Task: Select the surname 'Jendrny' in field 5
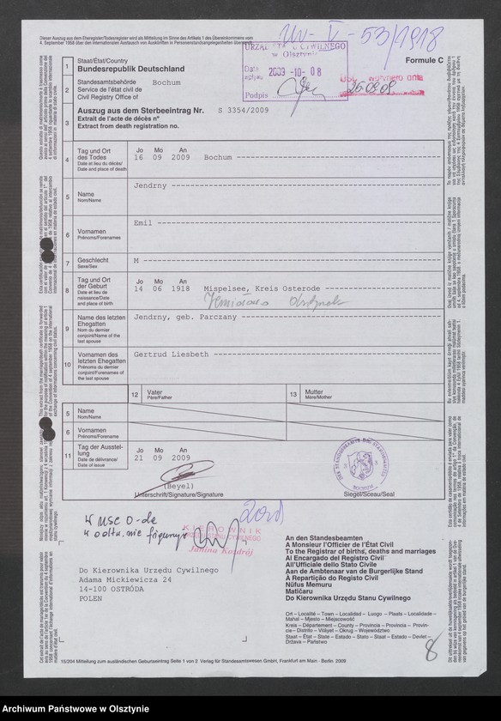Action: pos(151,186)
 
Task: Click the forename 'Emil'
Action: pos(142,222)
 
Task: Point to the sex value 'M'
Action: pos(136,257)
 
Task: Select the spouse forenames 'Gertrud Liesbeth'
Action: pos(169,353)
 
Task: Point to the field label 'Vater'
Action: pos(155,393)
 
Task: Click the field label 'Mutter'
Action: pos(316,393)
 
